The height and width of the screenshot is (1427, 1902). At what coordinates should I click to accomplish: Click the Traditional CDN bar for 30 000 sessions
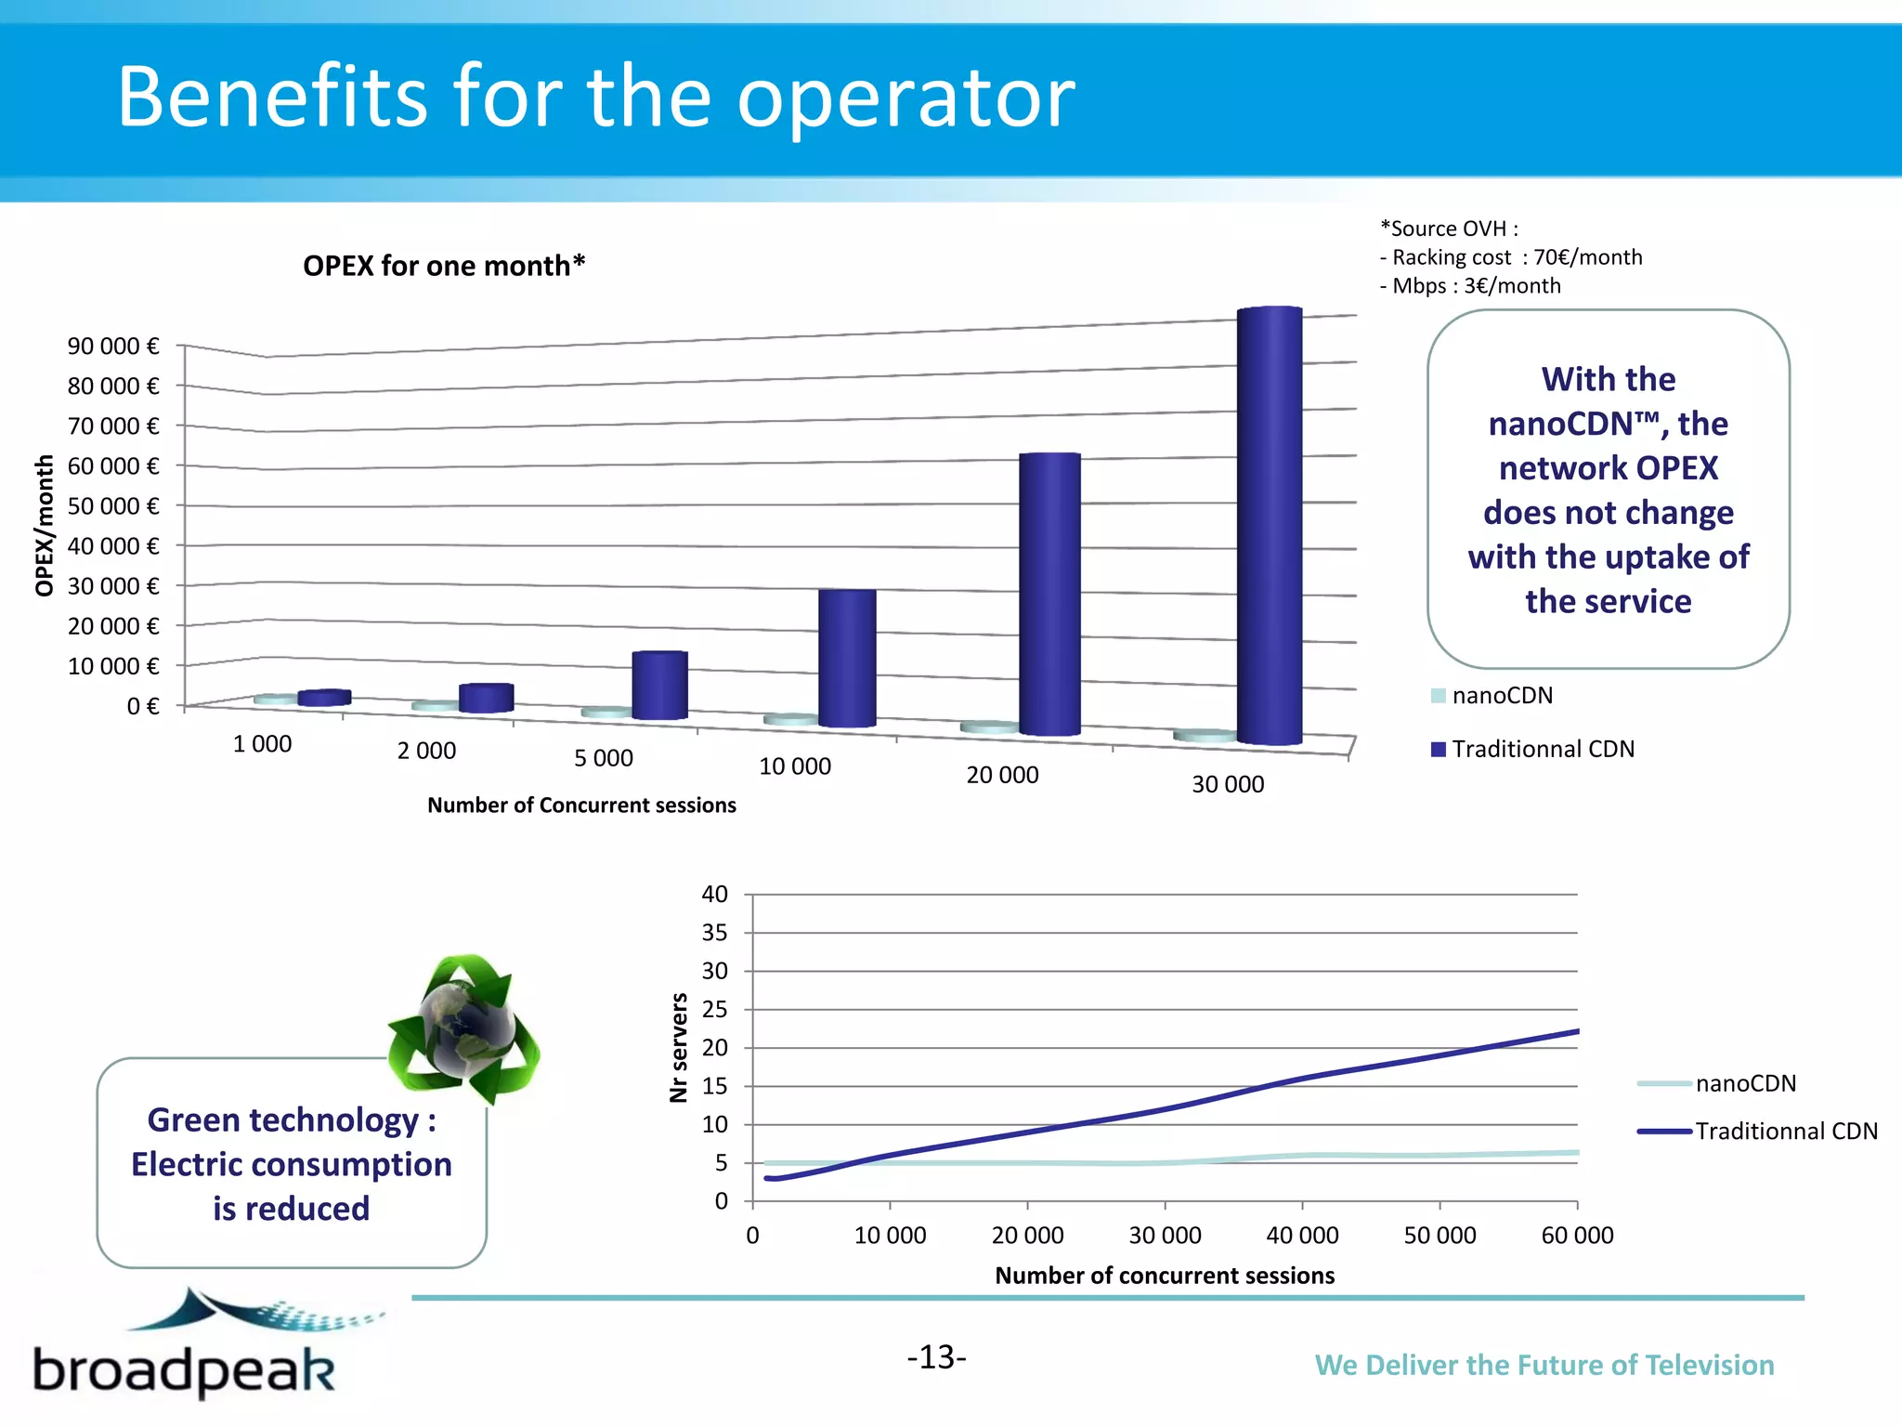[1269, 525]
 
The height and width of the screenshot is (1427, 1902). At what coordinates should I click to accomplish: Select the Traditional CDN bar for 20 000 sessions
[1049, 595]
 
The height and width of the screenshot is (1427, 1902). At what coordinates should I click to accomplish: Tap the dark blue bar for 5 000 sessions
[659, 686]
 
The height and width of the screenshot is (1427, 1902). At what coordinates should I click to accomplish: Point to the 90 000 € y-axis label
[112, 347]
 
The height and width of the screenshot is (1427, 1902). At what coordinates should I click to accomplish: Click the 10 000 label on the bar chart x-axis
[795, 766]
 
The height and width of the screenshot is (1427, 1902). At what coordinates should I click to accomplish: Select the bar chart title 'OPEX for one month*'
[444, 266]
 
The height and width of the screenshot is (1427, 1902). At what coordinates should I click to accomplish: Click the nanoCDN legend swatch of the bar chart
[1439, 696]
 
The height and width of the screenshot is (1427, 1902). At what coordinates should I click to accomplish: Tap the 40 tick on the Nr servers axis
[714, 895]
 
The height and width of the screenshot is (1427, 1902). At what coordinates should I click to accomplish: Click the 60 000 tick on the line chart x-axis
[1577, 1236]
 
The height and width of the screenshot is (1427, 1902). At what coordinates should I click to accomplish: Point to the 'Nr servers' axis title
[679, 1047]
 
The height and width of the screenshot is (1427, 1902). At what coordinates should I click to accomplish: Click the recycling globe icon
[464, 1028]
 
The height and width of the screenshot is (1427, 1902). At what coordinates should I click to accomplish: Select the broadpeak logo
[186, 1347]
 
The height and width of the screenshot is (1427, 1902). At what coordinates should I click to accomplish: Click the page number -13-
[936, 1357]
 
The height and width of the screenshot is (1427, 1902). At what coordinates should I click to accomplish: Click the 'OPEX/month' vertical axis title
[45, 525]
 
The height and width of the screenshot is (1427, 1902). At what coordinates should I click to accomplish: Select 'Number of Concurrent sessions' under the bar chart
[581, 805]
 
